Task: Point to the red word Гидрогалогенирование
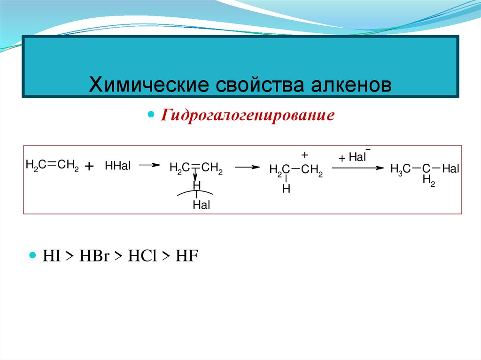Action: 248,115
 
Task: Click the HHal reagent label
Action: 118,166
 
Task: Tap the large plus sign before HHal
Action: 90,167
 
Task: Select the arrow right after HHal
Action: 149,165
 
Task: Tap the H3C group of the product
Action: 401,169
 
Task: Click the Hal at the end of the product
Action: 450,169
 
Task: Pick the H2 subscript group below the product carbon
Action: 428,180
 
